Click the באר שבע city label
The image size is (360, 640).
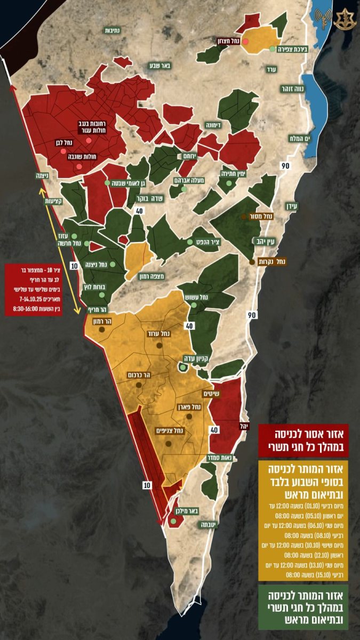pyautogui.click(x=159, y=66)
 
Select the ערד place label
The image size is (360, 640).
pyautogui.click(x=272, y=69)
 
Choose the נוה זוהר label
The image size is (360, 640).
pyautogui.click(x=291, y=90)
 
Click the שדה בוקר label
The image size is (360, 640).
pyautogui.click(x=150, y=198)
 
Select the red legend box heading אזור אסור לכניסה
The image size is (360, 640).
pyautogui.click(x=303, y=440)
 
